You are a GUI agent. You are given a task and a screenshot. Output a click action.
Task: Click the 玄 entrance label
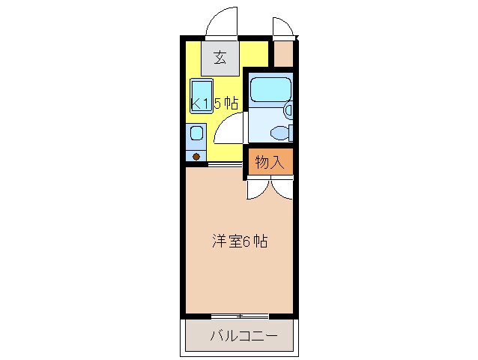(x=220, y=58)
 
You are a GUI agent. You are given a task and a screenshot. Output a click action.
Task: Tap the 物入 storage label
(x=269, y=162)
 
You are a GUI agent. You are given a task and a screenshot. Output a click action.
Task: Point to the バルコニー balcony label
(x=243, y=334)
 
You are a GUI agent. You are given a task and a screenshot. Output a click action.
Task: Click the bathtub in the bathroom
(x=270, y=89)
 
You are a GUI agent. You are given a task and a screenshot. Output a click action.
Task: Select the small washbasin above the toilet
(x=289, y=110)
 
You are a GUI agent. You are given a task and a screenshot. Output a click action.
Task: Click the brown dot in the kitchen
(x=196, y=157)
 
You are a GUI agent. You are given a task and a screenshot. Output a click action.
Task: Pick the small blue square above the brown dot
(x=196, y=134)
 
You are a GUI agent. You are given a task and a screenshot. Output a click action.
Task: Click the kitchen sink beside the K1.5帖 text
(x=200, y=96)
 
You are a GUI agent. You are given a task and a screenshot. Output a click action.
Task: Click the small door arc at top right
(x=283, y=25)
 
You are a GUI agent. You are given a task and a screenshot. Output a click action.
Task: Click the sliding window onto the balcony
(x=239, y=315)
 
